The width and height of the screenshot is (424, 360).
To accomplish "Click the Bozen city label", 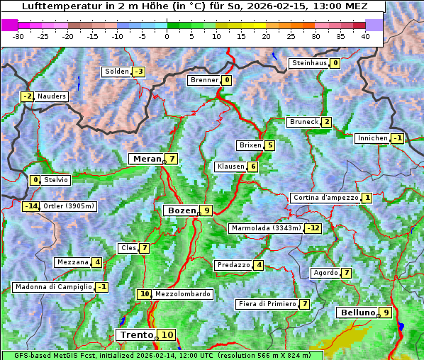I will click(180, 210).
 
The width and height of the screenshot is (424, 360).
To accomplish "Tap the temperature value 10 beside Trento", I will click(167, 335).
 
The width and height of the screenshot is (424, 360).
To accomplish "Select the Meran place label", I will click(147, 159).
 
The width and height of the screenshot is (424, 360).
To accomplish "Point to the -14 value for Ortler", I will click(30, 206).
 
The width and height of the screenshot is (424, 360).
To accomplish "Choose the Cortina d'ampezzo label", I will click(325, 198).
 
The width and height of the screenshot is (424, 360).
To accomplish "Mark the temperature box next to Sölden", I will click(139, 72).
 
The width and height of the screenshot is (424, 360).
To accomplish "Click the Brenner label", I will click(204, 80).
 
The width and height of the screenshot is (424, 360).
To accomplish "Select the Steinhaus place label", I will click(309, 63).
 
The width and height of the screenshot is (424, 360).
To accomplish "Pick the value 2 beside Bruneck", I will click(326, 122).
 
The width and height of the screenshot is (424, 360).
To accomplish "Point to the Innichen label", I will click(372, 138).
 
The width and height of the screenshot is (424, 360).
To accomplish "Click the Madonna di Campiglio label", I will click(52, 287).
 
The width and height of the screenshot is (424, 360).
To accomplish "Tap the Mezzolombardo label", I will click(182, 294).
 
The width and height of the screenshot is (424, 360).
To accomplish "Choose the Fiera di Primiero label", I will click(267, 304).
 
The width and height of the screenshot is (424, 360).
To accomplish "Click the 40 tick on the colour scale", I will click(365, 35).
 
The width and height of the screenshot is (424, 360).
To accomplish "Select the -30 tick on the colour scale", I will click(18, 35).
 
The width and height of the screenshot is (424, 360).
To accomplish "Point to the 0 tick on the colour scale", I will click(167, 35).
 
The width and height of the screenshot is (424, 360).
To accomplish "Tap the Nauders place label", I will click(52, 96).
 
